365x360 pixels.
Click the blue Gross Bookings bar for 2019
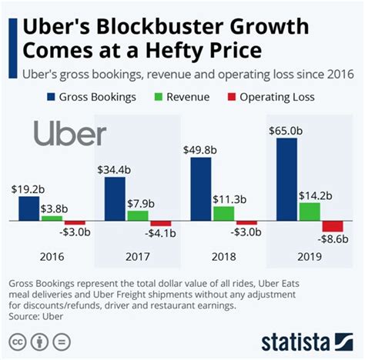[x=287, y=180]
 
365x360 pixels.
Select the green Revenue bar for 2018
[x=223, y=213]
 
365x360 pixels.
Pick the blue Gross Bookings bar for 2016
[x=29, y=208]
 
